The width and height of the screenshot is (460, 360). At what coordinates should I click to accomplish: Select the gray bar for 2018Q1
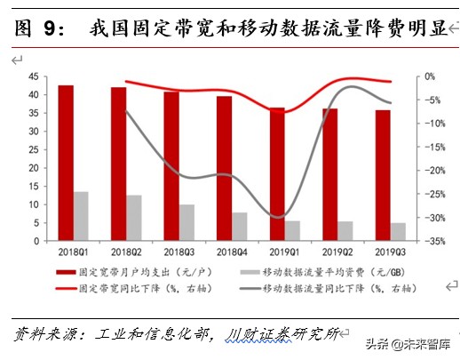[81, 216]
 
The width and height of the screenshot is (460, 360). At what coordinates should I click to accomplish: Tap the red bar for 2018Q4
[224, 168]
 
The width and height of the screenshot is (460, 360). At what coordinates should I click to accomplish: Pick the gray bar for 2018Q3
[186, 222]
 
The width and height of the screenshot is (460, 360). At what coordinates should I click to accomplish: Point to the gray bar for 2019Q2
[345, 231]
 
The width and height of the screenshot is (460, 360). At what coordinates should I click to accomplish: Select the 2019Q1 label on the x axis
[284, 252]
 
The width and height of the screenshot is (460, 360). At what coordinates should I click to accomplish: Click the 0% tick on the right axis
[431, 77]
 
